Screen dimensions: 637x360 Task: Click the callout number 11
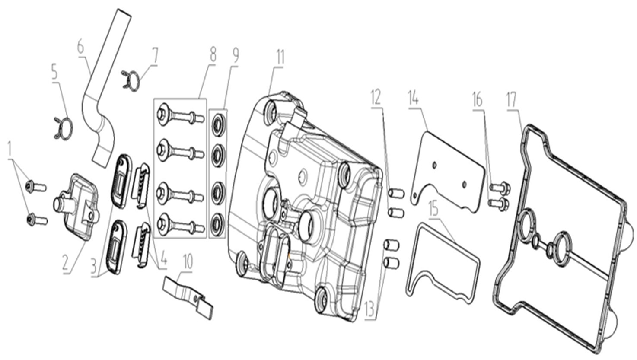280,58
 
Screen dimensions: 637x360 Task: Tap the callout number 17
511,100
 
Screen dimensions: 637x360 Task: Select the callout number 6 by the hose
81,48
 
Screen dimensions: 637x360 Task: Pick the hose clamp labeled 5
63,128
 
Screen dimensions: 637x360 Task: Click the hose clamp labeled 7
131,81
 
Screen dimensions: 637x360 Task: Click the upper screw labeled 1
36,187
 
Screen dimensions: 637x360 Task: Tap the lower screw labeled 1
37,220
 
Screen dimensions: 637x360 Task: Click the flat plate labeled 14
448,172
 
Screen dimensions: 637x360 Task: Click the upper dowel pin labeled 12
396,193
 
